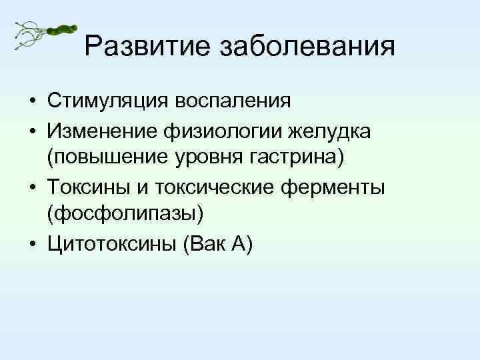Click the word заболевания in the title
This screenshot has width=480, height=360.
pos(307,46)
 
